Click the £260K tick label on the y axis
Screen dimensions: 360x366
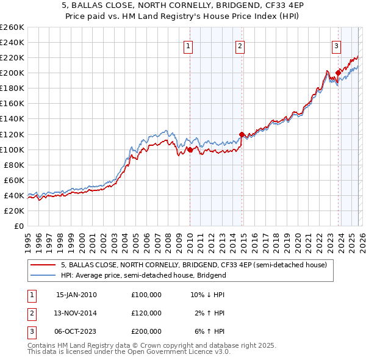point(12,27)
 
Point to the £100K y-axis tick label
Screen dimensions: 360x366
point(12,149)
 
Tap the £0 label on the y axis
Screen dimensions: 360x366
point(18,226)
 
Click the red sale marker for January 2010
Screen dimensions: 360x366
point(190,149)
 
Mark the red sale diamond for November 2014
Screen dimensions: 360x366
point(242,134)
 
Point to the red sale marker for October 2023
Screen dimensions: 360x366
point(338,73)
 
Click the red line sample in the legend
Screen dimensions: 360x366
point(43,265)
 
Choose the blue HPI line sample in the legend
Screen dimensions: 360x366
point(43,275)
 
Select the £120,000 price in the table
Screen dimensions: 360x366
point(146,313)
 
